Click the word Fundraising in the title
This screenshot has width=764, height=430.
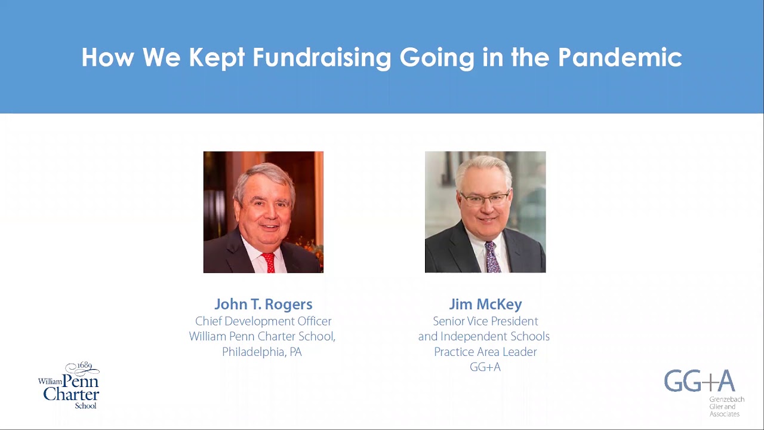(x=322, y=58)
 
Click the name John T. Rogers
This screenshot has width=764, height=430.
(x=263, y=305)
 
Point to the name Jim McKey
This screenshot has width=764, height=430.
(x=485, y=305)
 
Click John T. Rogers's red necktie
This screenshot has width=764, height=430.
(x=269, y=262)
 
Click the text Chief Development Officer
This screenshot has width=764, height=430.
(x=263, y=321)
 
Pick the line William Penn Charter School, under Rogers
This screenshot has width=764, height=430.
(x=262, y=336)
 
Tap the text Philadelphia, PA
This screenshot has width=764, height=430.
(x=262, y=352)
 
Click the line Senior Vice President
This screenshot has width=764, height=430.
(x=485, y=321)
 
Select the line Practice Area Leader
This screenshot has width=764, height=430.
(x=485, y=352)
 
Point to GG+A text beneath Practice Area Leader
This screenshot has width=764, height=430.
(x=485, y=367)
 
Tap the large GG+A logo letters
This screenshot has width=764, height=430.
(x=699, y=381)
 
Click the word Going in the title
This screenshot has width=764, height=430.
(x=437, y=58)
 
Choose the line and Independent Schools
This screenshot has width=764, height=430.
(x=484, y=336)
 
